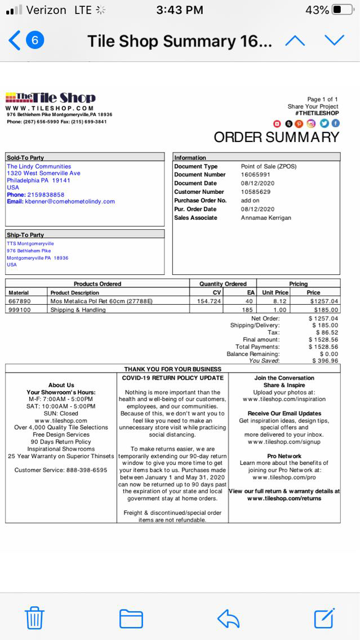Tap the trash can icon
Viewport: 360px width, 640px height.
34,617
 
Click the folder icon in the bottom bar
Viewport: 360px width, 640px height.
131,618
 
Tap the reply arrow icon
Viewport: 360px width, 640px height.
228,618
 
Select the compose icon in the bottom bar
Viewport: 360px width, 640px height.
325,617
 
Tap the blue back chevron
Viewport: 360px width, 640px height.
15,41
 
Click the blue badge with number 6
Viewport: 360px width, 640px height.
35,41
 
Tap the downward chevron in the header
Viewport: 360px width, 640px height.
334,40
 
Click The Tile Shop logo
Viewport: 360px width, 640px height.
51,98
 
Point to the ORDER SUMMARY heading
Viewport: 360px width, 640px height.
276,137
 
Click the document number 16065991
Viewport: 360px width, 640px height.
256,175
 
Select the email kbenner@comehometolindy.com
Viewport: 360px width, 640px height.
70,201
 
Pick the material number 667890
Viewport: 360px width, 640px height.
20,301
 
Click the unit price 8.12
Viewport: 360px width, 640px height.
280,301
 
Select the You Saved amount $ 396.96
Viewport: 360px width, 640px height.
324,361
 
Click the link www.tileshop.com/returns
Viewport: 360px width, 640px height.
284,499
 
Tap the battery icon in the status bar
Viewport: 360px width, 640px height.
343,10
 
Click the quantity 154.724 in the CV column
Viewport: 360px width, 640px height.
209,301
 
